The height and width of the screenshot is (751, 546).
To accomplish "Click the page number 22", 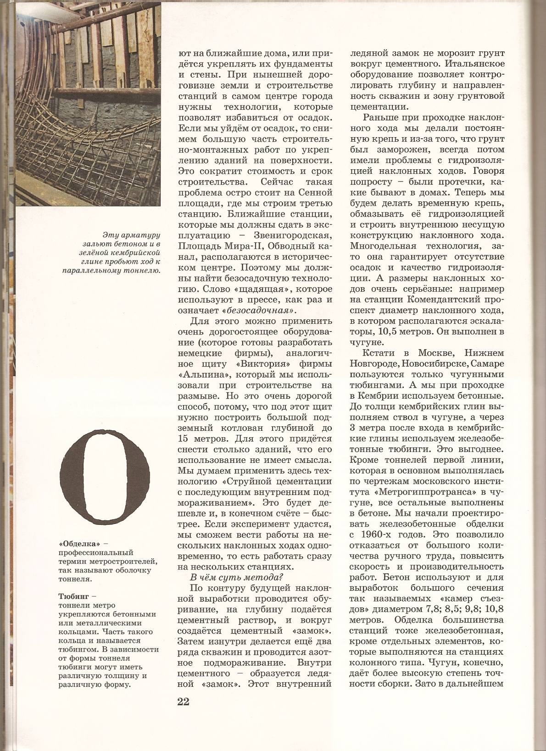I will [183, 701].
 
